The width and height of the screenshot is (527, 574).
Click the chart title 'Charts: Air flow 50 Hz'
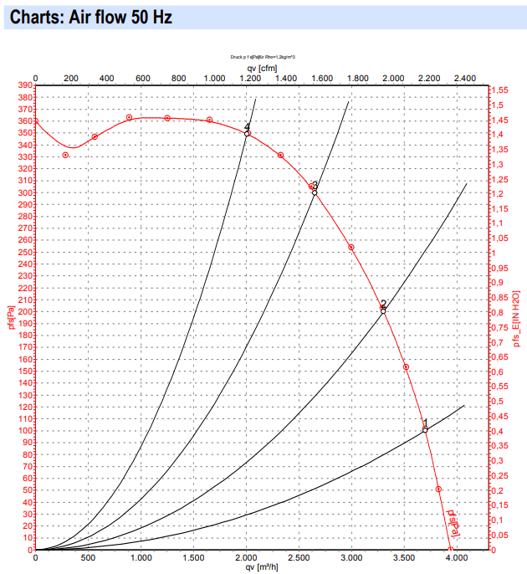91,18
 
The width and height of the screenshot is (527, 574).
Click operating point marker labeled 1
425,430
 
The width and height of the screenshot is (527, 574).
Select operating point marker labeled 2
383,311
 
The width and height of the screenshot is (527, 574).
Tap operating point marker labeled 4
247,134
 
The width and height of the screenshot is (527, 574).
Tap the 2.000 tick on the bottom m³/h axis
246,558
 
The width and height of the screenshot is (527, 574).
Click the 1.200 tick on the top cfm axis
249,79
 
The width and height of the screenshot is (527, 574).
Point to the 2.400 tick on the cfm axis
464,79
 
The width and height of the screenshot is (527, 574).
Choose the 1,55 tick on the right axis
499,90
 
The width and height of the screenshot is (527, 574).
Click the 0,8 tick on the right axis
497,312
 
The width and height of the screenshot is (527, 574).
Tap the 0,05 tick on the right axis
499,535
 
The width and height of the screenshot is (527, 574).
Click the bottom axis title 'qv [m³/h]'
261,568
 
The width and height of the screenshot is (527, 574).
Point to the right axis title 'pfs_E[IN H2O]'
517,319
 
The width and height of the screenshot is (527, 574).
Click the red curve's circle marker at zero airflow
35,121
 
